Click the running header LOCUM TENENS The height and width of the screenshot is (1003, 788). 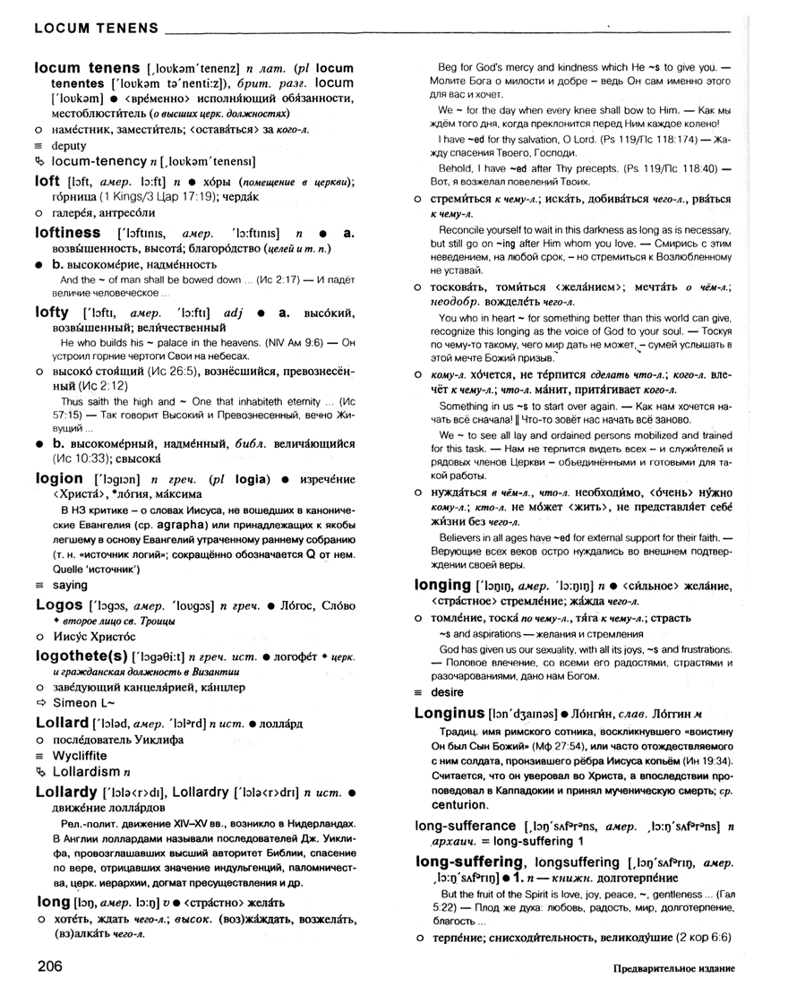click(97, 28)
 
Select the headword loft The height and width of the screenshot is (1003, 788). click(47, 180)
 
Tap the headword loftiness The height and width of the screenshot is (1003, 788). click(67, 232)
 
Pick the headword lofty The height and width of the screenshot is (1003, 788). click(51, 312)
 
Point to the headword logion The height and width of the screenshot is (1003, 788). click(58, 478)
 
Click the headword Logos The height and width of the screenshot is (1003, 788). click(58, 605)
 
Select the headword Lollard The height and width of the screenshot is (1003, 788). click(62, 722)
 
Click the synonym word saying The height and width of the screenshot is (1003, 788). click(70, 585)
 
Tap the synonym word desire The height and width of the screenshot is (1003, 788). click(448, 692)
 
